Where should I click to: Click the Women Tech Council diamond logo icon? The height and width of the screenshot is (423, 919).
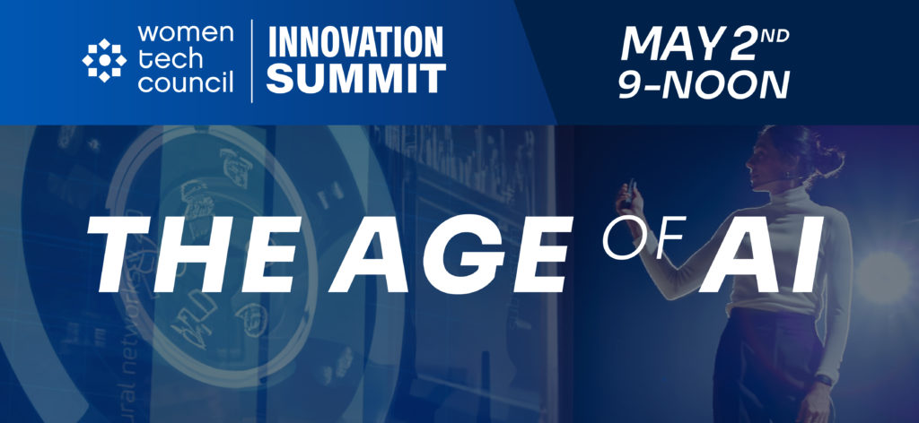coord(104,60)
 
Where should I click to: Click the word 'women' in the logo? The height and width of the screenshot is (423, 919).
coord(185,33)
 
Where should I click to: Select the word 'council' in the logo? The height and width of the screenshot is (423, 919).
coord(186,83)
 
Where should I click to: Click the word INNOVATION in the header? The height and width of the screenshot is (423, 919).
coord(355,41)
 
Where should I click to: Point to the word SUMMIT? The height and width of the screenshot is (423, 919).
coord(355,78)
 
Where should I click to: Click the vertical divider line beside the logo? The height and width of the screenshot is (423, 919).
coord(252,61)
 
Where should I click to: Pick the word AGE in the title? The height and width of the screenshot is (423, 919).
coord(451,255)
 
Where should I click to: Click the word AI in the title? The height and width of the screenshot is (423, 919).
coord(762,255)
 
